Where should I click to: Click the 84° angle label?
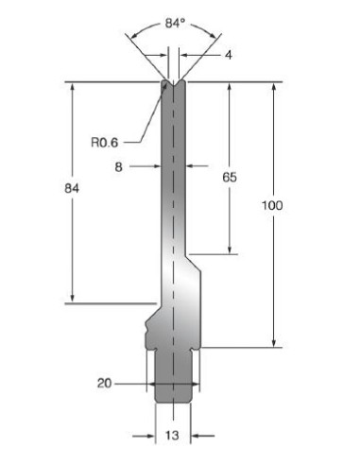pos(175,23)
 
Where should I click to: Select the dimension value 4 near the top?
pos(229,55)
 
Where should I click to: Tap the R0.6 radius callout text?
pos(104,143)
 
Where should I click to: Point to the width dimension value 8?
pos(118,167)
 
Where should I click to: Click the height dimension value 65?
pos(230,178)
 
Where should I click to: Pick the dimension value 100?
pos(272,205)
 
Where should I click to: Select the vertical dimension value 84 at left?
pos(72,188)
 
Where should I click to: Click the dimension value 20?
pos(105,384)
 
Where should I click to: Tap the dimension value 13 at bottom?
pos(172,436)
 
